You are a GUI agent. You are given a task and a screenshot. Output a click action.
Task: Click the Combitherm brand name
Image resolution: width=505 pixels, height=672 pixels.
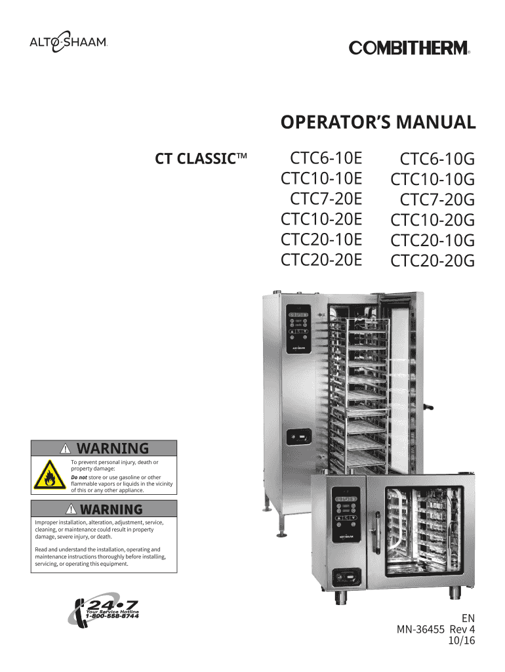click(409, 48)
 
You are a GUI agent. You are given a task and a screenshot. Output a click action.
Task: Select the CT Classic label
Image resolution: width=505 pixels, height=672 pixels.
click(200, 159)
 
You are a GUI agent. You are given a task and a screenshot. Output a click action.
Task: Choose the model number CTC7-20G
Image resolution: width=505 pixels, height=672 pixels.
click(437, 199)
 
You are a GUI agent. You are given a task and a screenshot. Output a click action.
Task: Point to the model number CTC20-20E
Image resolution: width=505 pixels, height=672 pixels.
click(321, 260)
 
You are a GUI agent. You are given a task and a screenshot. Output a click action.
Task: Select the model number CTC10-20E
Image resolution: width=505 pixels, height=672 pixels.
click(321, 219)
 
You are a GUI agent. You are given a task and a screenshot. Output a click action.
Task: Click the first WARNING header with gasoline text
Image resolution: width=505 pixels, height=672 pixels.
click(104, 449)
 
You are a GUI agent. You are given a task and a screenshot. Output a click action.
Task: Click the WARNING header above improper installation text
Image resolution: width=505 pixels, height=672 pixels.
click(104, 509)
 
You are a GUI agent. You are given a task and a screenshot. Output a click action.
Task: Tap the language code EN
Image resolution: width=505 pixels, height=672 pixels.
click(468, 618)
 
